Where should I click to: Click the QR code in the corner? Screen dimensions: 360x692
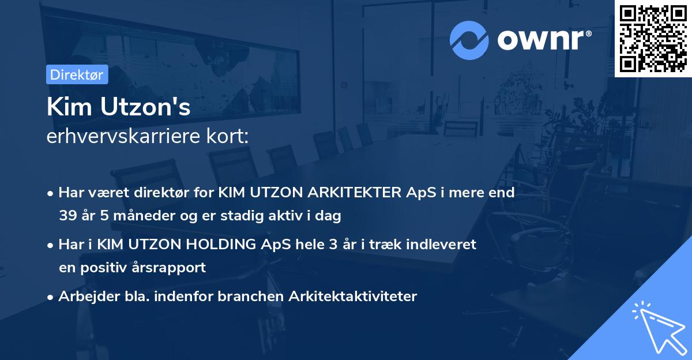pyautogui.click(x=653, y=38)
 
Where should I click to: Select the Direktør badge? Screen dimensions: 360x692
pyautogui.click(x=77, y=74)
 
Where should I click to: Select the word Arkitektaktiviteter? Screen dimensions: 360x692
pyautogui.click(x=353, y=297)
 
